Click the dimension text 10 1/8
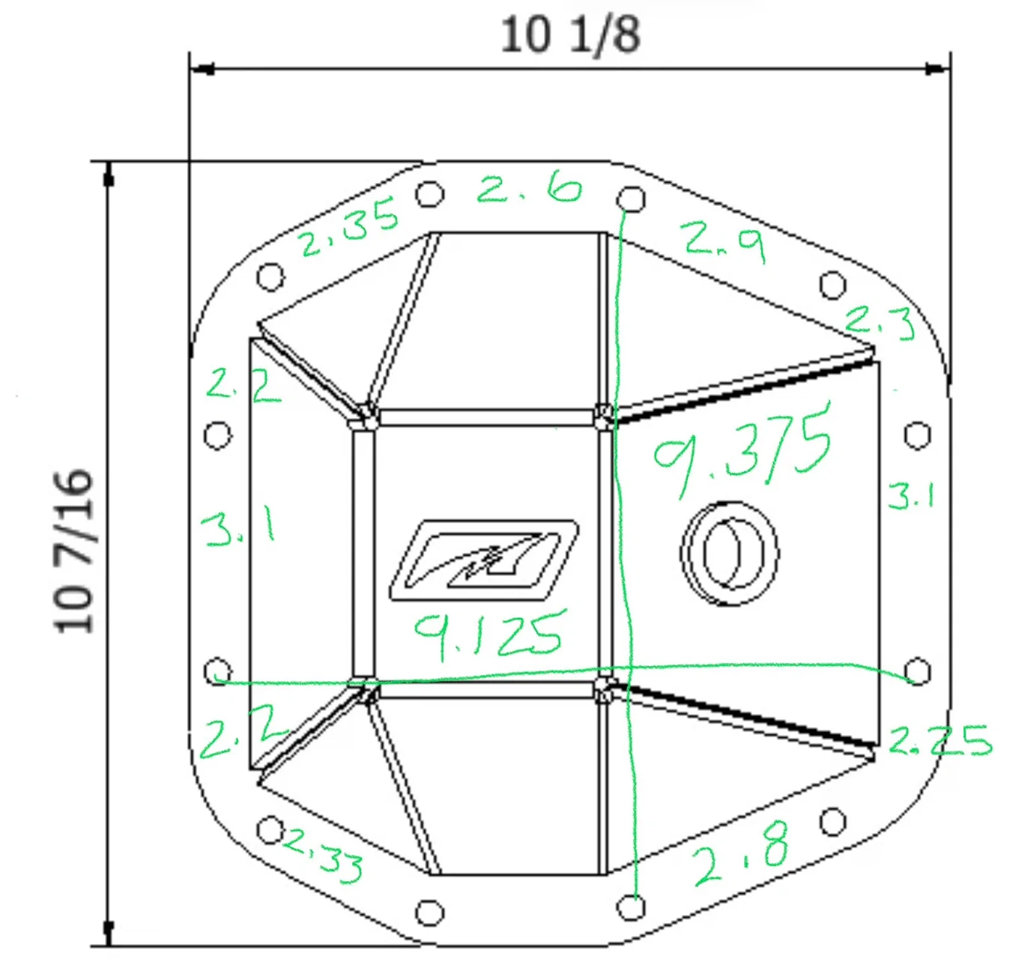(x=570, y=35)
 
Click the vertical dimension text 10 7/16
(x=73, y=551)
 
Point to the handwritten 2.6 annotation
(x=528, y=187)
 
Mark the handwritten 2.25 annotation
(x=940, y=741)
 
